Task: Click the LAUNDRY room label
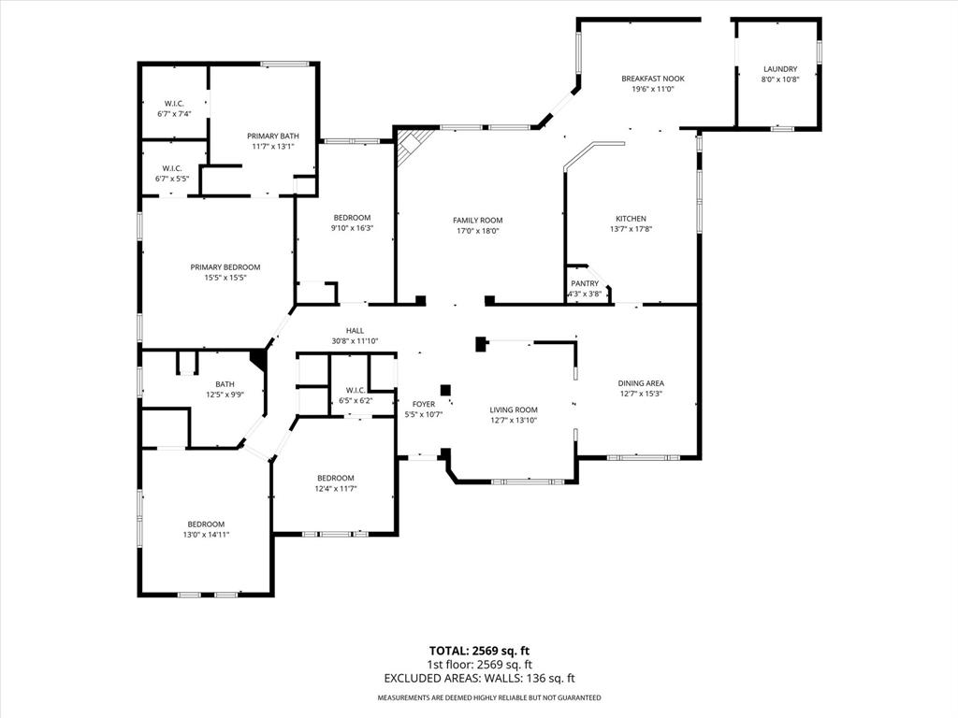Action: pyautogui.click(x=779, y=69)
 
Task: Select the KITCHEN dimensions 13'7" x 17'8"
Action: pyautogui.click(x=631, y=229)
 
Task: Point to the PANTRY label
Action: pyautogui.click(x=585, y=283)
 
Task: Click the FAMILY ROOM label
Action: pyautogui.click(x=478, y=220)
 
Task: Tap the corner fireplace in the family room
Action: pyautogui.click(x=413, y=146)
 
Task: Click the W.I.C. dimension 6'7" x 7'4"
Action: pyautogui.click(x=174, y=114)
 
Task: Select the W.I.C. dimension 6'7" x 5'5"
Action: pyautogui.click(x=173, y=179)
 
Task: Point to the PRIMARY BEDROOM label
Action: pyautogui.click(x=225, y=266)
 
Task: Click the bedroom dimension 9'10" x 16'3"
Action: pyautogui.click(x=352, y=228)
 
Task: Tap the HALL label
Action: pyautogui.click(x=355, y=330)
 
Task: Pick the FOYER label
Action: pyautogui.click(x=424, y=404)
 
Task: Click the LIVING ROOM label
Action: pyautogui.click(x=514, y=409)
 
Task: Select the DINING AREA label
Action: pyautogui.click(x=641, y=382)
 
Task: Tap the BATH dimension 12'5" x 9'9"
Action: pyautogui.click(x=225, y=395)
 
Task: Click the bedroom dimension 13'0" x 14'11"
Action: pyautogui.click(x=206, y=535)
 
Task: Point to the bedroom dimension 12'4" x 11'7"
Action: pyautogui.click(x=335, y=488)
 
